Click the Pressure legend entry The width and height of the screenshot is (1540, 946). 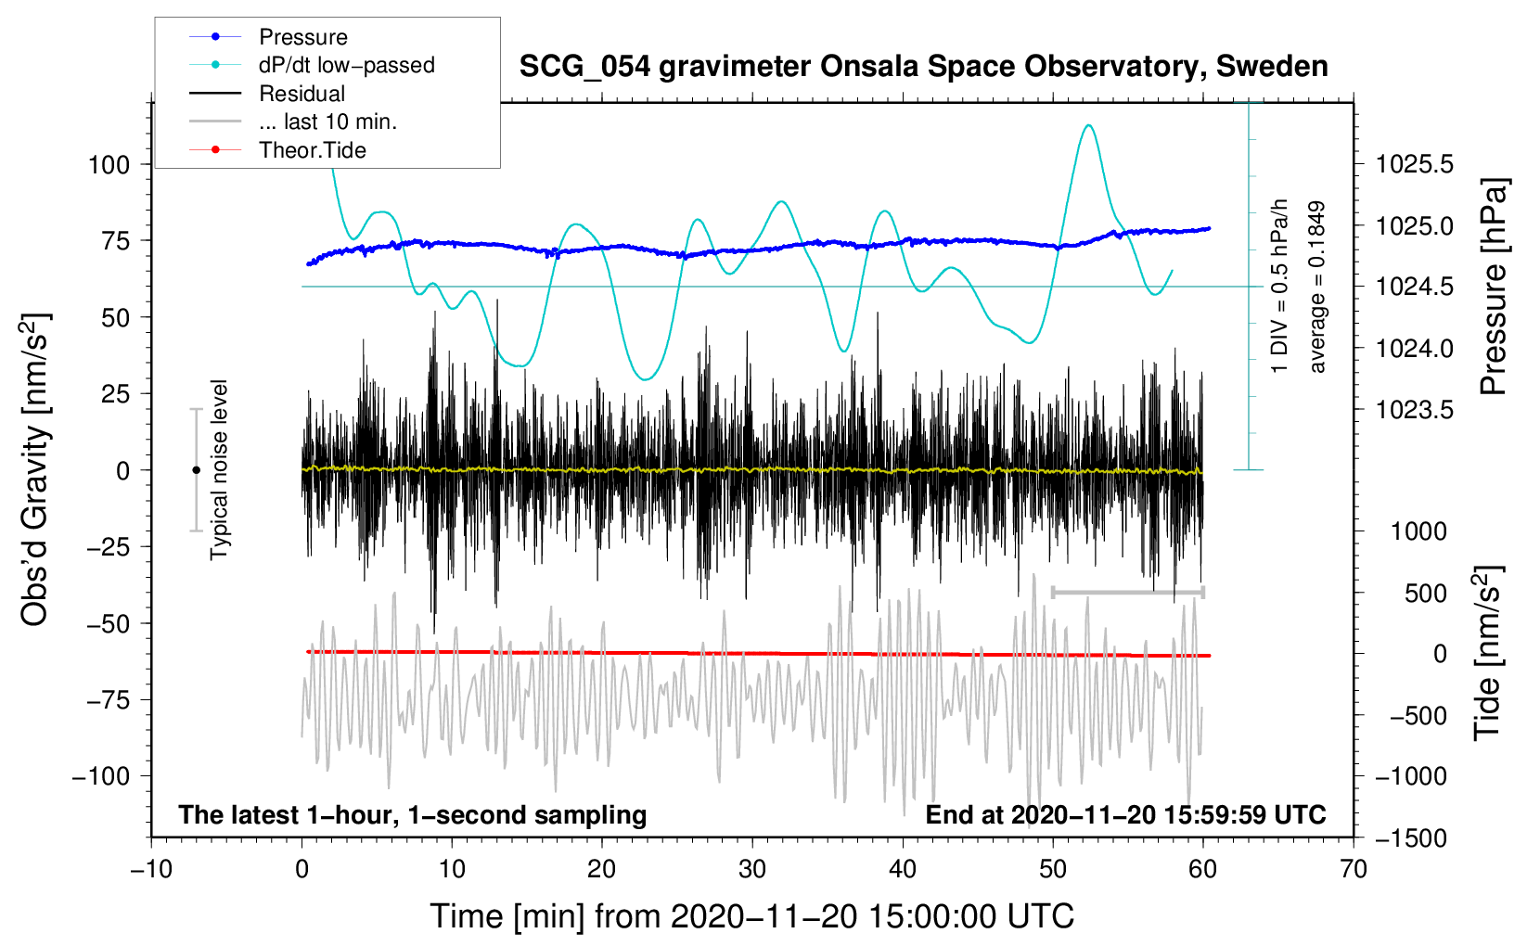tap(268, 36)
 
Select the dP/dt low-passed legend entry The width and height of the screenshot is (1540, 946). tap(312, 65)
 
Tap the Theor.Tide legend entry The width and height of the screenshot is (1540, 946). tap(277, 150)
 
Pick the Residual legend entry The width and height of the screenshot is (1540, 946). tap(267, 94)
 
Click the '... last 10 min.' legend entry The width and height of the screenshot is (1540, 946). tap(293, 121)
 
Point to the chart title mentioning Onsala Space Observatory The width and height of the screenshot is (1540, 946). tap(923, 67)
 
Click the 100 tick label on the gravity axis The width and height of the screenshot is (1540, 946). tap(109, 165)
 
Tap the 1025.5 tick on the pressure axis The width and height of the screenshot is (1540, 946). tap(1414, 165)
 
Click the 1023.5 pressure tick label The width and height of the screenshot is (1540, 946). tap(1414, 411)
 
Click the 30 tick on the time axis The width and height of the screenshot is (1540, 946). tap(752, 870)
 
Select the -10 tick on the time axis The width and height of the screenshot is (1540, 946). tap(151, 870)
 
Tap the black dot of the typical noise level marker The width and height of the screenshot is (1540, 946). tap(196, 470)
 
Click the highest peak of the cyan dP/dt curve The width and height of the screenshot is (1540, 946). tap(1088, 125)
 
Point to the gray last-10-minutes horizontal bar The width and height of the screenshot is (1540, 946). tap(1128, 592)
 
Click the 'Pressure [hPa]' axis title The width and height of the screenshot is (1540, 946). tap(1493, 287)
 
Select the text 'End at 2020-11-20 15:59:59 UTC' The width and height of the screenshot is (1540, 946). tap(1125, 814)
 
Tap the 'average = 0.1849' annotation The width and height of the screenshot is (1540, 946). tap(1316, 287)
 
